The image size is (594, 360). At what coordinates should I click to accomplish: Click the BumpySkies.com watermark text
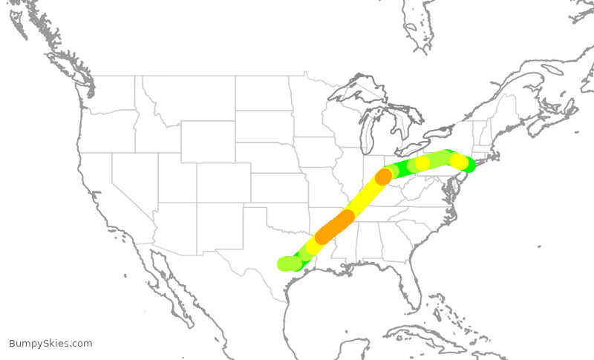(50, 344)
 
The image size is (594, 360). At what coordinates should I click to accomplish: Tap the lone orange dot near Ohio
(383, 177)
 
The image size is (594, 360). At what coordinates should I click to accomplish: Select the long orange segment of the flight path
(334, 226)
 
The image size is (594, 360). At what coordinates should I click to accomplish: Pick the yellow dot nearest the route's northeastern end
(459, 161)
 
